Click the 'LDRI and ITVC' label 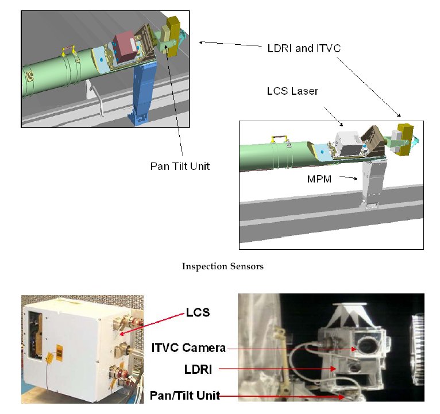point(304,48)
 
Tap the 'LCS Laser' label point(292,91)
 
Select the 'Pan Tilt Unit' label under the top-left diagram point(180,167)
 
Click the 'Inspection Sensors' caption point(223,266)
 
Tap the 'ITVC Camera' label point(188,347)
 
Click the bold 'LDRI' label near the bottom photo point(197,371)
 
